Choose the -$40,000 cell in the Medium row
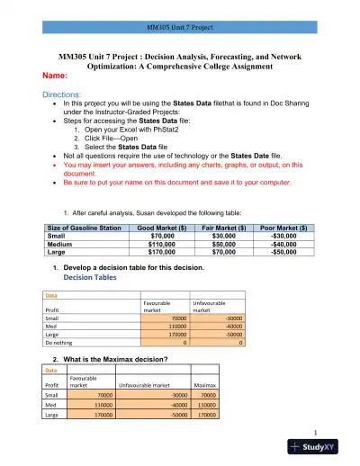[282, 246]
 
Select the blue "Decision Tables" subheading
[91, 278]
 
